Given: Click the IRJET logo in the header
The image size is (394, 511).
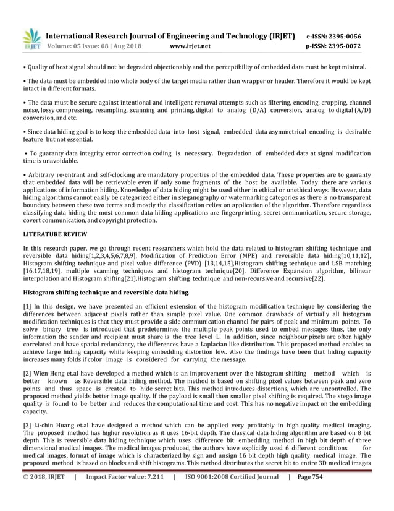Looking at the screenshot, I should [x=31, y=40].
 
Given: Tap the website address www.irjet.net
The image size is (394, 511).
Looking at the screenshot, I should [x=190, y=46].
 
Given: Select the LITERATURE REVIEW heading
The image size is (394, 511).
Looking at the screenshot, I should [x=55, y=234].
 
